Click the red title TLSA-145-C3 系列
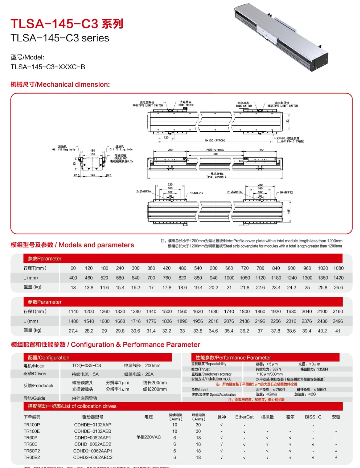point(67,24)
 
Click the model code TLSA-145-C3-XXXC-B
point(48,67)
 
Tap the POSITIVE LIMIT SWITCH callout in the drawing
point(148,105)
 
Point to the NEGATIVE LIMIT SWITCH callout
point(283,106)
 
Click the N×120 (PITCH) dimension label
point(215,140)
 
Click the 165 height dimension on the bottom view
point(289,211)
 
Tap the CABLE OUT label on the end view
point(121,158)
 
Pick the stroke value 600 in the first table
point(214,268)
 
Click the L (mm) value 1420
point(338,278)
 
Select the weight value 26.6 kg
point(338,287)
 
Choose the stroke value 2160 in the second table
point(338,312)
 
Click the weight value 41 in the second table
point(338,331)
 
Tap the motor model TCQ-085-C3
point(86,366)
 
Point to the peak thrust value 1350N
point(322,369)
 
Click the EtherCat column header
point(244,417)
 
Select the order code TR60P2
point(32,451)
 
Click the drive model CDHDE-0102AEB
point(93,431)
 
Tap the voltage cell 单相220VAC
point(148,437)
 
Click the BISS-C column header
point(313,417)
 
